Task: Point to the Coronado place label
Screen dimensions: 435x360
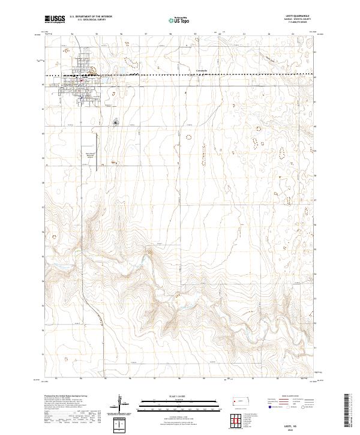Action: click(202, 71)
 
